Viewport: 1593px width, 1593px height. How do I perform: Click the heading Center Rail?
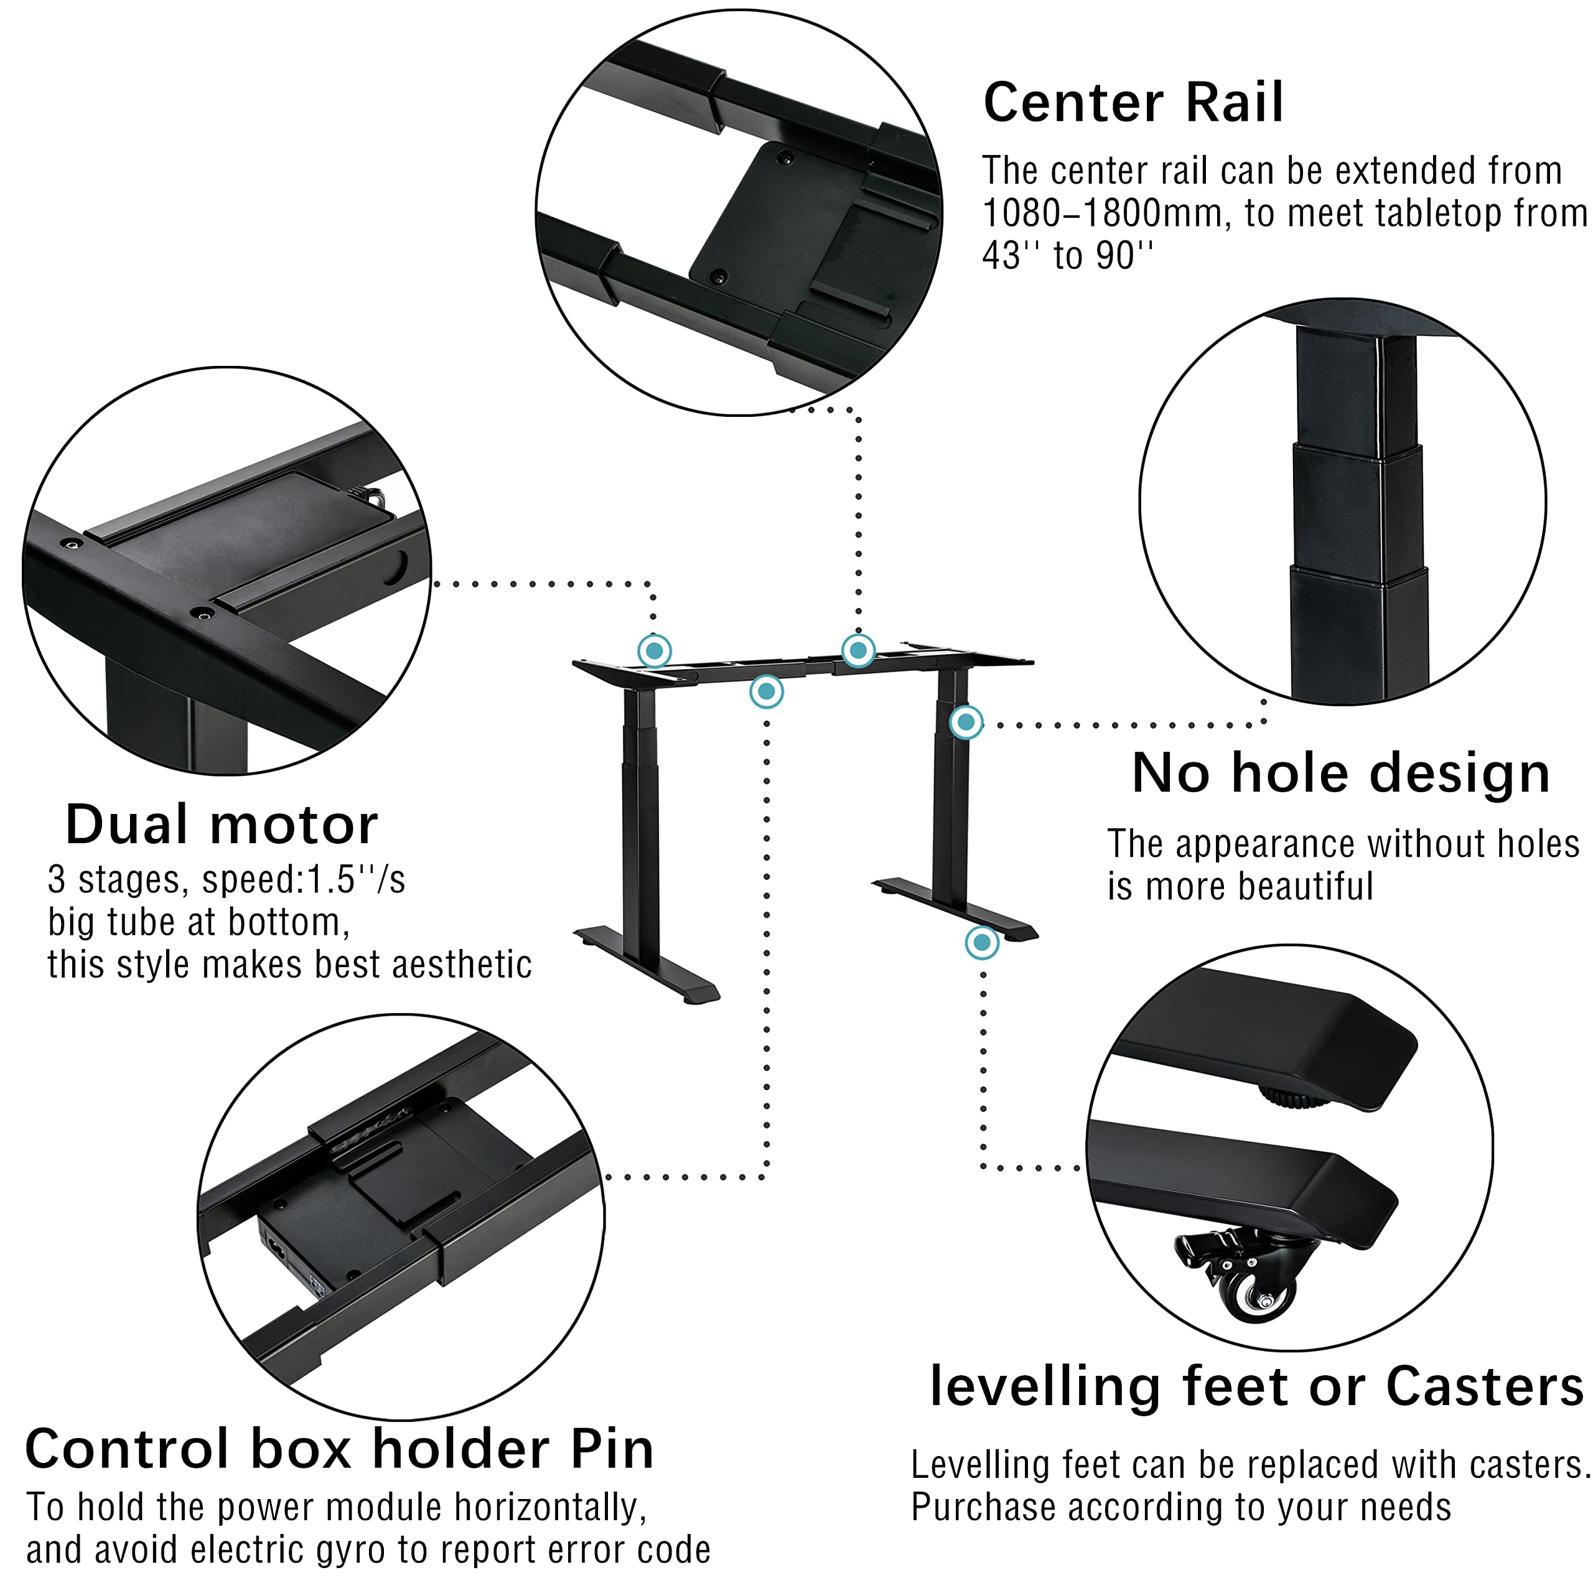[1133, 103]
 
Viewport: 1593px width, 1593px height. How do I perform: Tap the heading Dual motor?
[221, 825]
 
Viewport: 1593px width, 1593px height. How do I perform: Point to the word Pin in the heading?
[611, 1449]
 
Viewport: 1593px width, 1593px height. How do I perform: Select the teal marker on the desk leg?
[966, 723]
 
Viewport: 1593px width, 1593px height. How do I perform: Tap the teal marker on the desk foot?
[981, 941]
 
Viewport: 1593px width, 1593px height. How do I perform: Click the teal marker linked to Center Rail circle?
[857, 650]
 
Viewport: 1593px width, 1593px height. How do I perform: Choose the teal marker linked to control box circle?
[766, 692]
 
